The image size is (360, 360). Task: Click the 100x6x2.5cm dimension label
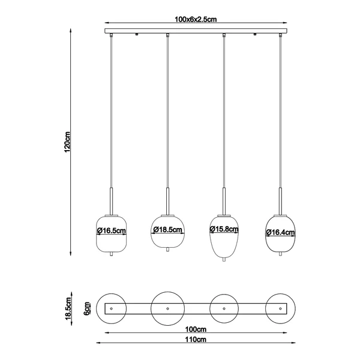pos(196,19)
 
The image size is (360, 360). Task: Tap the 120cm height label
pos(67,142)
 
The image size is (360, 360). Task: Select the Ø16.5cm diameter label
pos(112,230)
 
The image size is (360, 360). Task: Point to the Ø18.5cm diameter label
pos(167,229)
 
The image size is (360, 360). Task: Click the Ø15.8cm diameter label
pos(224,229)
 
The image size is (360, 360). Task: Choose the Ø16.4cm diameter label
pos(280,232)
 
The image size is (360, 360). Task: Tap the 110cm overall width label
pos(196,339)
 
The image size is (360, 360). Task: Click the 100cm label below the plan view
pos(196,329)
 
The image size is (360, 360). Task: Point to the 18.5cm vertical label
pos(68,308)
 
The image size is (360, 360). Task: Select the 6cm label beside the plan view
pos(86,308)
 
